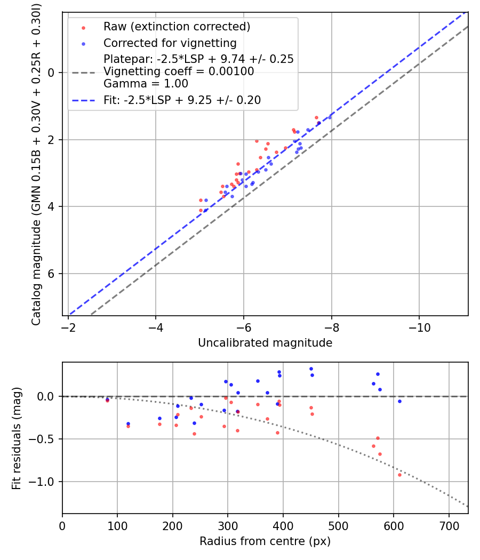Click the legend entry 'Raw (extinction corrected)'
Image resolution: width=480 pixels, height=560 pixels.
tap(177, 27)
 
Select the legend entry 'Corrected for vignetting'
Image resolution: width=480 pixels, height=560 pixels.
tap(170, 43)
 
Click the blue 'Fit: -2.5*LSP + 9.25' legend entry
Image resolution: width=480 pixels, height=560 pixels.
tap(182, 100)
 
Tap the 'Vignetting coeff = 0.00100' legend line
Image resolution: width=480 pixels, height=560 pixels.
tap(179, 71)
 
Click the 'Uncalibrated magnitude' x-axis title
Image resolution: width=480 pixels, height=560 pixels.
tap(265, 343)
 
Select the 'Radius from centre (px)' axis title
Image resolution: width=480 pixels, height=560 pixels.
tap(265, 541)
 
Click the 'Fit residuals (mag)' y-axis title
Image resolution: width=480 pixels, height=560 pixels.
tap(17, 438)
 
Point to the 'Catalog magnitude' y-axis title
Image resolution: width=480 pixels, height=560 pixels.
tap(36, 163)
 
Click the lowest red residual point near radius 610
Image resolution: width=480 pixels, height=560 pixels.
tap(399, 475)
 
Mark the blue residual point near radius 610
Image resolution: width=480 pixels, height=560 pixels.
tap(399, 401)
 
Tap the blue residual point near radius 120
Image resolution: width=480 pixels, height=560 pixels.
tap(128, 424)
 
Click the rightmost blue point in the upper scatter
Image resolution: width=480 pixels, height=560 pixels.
tap(330, 117)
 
